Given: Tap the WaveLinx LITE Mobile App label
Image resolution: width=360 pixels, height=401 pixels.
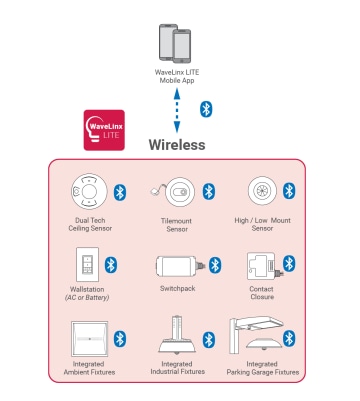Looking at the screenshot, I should (177, 79).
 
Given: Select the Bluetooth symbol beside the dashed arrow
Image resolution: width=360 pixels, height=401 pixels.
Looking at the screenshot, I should (207, 108).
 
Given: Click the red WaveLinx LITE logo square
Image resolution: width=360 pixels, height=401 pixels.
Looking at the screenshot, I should (103, 131).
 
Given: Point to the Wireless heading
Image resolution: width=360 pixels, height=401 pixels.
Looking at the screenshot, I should (177, 145).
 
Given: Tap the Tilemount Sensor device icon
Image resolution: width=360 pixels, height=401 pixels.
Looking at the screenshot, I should (175, 191).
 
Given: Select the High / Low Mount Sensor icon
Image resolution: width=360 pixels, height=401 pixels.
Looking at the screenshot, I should (262, 191).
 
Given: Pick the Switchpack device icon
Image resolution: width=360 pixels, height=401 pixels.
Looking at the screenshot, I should (180, 265).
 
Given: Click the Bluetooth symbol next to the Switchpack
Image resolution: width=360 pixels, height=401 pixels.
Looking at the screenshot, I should (213, 264).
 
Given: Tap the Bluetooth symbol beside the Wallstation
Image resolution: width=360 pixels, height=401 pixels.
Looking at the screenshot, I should (113, 264).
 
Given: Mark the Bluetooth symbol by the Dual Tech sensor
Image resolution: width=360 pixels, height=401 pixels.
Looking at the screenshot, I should (119, 191).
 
